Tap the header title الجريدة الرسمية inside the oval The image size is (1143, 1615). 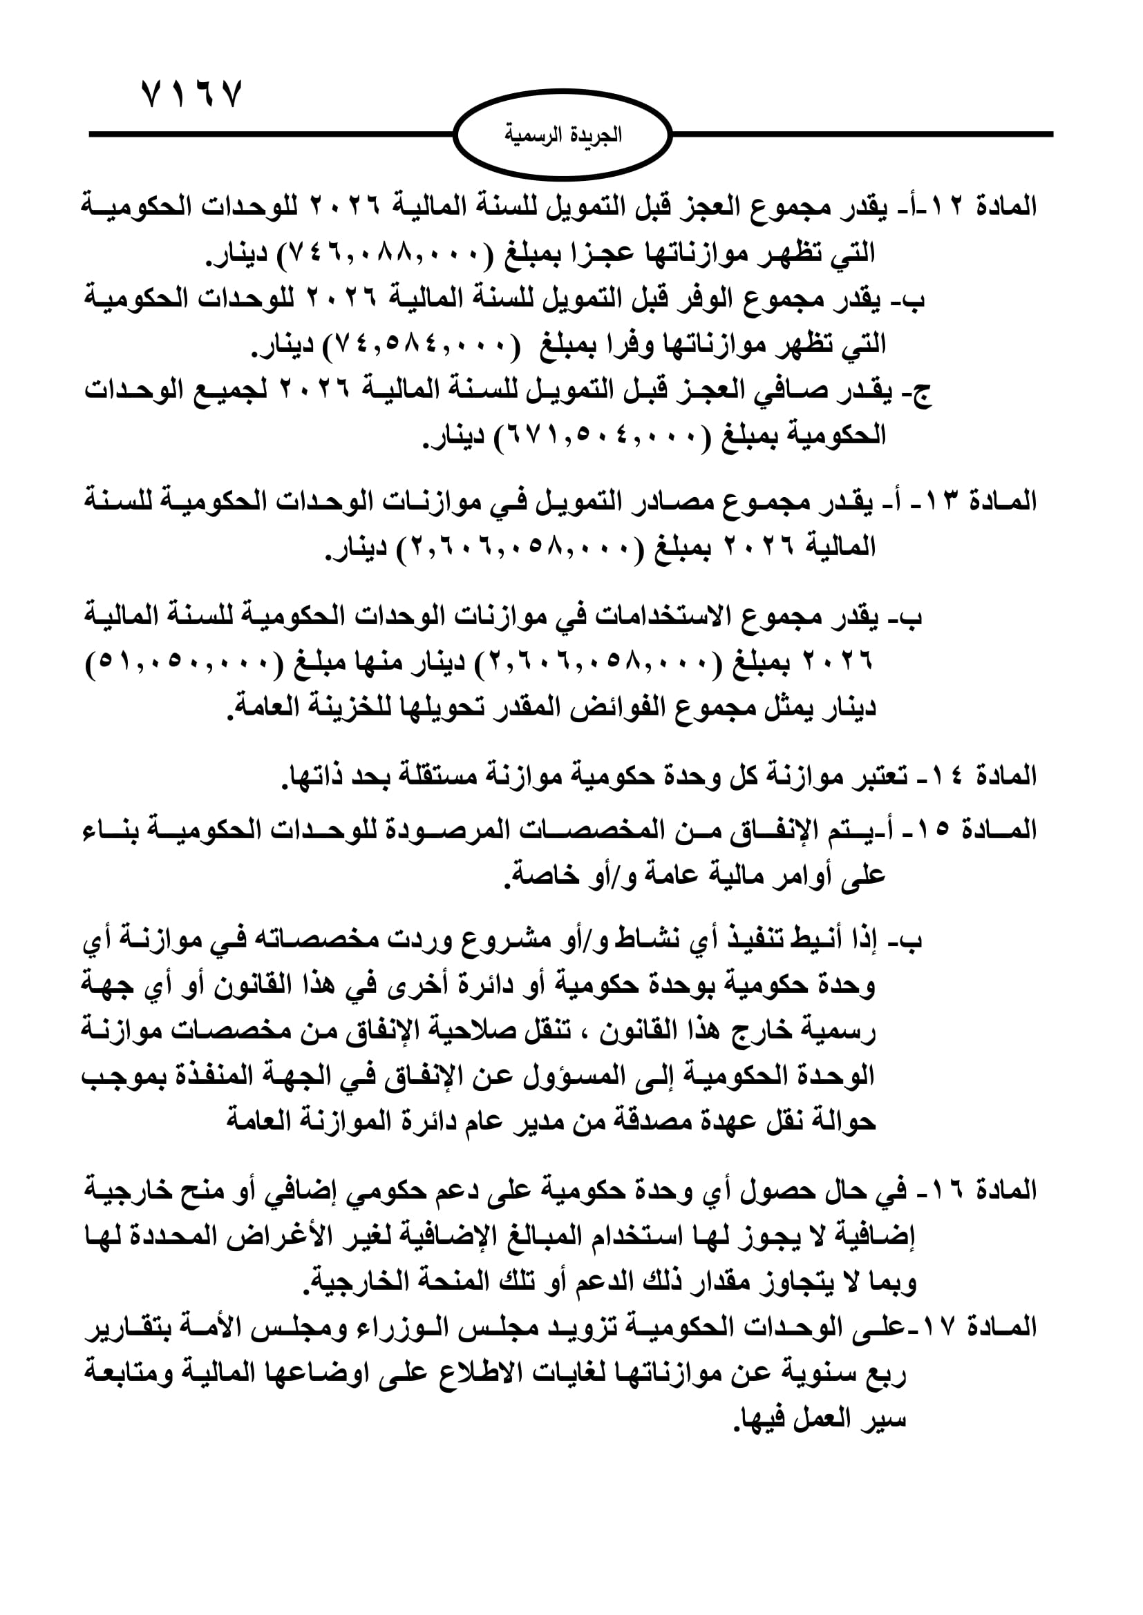(x=563, y=135)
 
